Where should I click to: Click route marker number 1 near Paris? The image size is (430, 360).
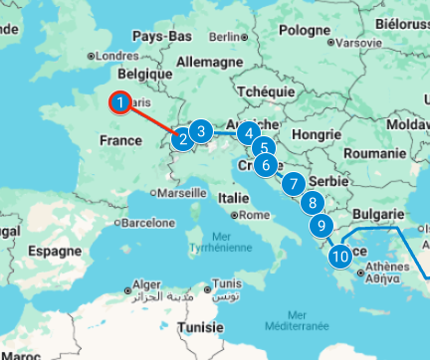[x=120, y=101]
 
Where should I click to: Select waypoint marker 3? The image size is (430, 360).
[x=201, y=130]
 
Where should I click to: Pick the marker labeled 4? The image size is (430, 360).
[x=248, y=131]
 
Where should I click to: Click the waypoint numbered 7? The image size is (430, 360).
[x=293, y=184]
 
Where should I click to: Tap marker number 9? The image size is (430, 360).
[x=321, y=226]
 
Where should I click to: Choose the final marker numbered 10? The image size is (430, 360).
[x=340, y=256]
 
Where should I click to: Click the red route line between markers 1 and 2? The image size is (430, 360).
[x=151, y=120]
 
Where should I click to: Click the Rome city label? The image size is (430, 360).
[x=249, y=215]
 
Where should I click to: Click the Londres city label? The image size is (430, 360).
[x=118, y=56]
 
